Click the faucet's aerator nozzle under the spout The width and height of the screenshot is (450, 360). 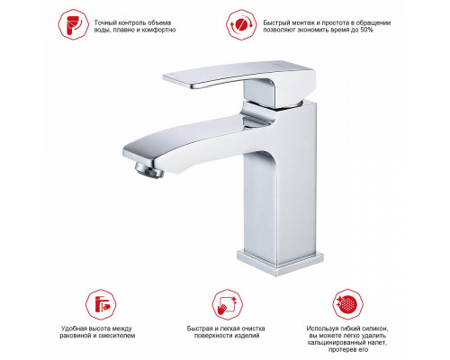(149, 170)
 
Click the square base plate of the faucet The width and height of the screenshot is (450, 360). (280, 262)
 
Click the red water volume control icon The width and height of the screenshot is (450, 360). (73, 24)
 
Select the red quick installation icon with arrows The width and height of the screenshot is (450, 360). (241, 24)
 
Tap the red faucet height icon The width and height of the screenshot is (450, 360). (101, 304)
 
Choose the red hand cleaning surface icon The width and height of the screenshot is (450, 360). (227, 304)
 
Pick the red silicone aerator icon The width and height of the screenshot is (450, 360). (347, 304)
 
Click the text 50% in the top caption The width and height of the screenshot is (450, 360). (366, 30)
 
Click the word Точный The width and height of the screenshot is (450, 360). (104, 22)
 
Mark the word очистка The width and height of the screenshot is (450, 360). (253, 328)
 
